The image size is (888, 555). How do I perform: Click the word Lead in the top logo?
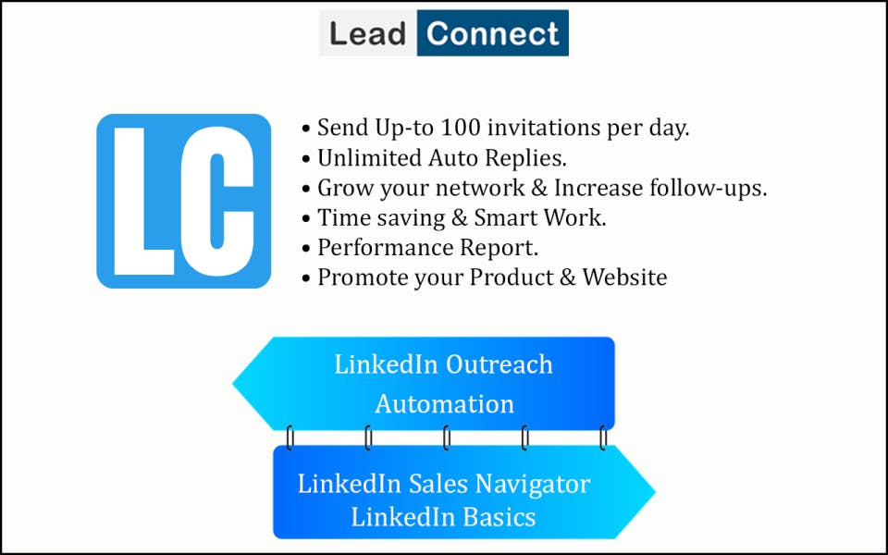(x=368, y=34)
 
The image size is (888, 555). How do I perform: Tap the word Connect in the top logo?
(x=493, y=34)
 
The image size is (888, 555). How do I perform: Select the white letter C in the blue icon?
(x=220, y=201)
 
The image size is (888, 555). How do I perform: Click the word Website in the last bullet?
(x=624, y=277)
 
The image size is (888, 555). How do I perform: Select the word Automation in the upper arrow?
(x=445, y=404)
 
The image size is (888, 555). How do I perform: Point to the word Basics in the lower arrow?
(x=500, y=516)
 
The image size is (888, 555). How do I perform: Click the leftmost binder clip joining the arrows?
(x=290, y=438)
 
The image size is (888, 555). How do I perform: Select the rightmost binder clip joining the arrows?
(x=603, y=438)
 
